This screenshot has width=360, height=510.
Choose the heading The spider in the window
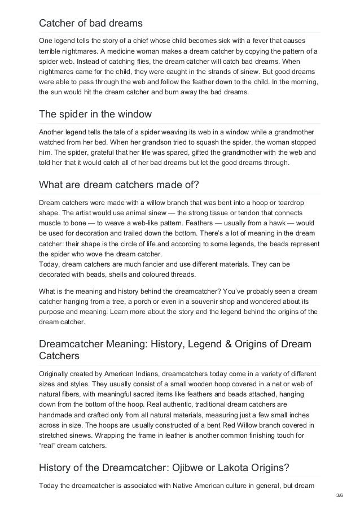pyautogui.click(x=95, y=114)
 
